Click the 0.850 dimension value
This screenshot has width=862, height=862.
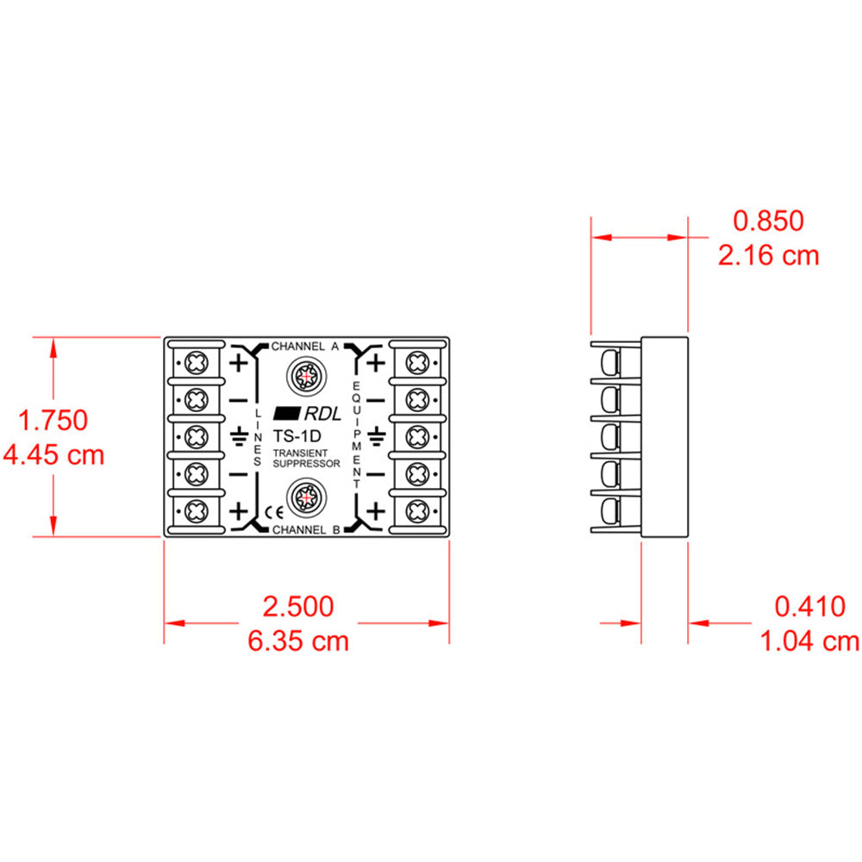click(768, 221)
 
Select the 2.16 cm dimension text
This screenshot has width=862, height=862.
click(768, 255)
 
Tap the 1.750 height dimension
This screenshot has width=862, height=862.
click(53, 421)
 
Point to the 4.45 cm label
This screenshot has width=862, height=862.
click(53, 454)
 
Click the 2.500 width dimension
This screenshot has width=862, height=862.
click(298, 607)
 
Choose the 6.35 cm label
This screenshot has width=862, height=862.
click(298, 641)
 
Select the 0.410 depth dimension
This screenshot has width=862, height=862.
click(809, 607)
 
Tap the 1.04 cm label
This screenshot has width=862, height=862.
click(809, 641)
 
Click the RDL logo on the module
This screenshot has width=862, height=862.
click(307, 413)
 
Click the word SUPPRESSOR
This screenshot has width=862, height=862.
click(306, 464)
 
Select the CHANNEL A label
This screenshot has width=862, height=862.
click(305, 347)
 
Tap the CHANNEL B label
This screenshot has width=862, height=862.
click(305, 529)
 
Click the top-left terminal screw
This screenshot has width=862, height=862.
click(197, 361)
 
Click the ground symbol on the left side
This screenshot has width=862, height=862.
click(238, 437)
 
